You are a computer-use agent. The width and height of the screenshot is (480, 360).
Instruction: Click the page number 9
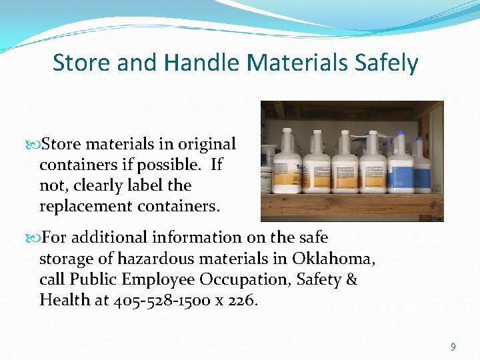(453, 347)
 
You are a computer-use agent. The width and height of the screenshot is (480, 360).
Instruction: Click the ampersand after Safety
(351, 279)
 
